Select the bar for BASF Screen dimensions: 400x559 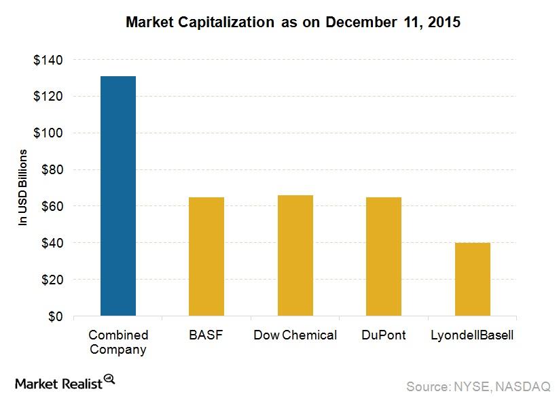click(206, 256)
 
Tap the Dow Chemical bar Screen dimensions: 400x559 click(295, 256)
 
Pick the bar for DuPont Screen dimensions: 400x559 click(384, 256)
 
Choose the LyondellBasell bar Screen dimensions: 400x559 click(472, 280)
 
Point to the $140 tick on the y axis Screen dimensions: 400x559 click(48, 60)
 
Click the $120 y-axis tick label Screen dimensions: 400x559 click(48, 97)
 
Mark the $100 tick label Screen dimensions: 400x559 click(48, 133)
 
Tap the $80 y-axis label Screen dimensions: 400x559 click(52, 170)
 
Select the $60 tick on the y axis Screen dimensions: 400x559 click(52, 206)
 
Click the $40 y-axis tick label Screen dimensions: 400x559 click(52, 243)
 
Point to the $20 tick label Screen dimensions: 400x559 click(52, 280)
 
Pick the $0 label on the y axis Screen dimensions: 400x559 click(55, 316)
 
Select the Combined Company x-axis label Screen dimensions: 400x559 click(118, 342)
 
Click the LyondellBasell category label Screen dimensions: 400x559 click(472, 335)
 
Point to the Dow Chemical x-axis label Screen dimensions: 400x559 click(295, 335)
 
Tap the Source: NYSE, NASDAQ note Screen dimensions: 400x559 click(478, 386)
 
